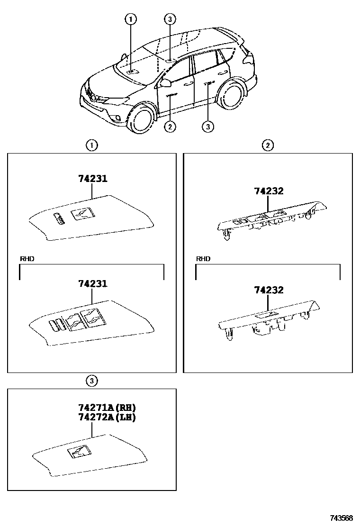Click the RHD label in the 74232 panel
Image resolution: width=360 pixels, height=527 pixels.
click(x=203, y=259)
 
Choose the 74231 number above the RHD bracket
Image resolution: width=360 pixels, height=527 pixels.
click(x=93, y=179)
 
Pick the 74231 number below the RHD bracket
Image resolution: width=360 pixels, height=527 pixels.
click(x=93, y=284)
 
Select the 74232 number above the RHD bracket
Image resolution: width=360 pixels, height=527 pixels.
click(x=269, y=191)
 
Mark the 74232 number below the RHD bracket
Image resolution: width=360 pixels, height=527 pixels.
click(x=269, y=290)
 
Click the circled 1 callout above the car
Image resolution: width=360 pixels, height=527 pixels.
click(x=131, y=19)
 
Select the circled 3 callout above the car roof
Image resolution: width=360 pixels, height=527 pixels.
click(x=170, y=19)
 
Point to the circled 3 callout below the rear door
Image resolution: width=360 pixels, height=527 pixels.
click(x=207, y=126)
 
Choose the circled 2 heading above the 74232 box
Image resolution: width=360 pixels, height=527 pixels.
click(x=268, y=146)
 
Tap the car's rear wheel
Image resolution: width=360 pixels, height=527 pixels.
click(x=232, y=94)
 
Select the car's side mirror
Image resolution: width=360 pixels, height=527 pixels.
click(x=166, y=83)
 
